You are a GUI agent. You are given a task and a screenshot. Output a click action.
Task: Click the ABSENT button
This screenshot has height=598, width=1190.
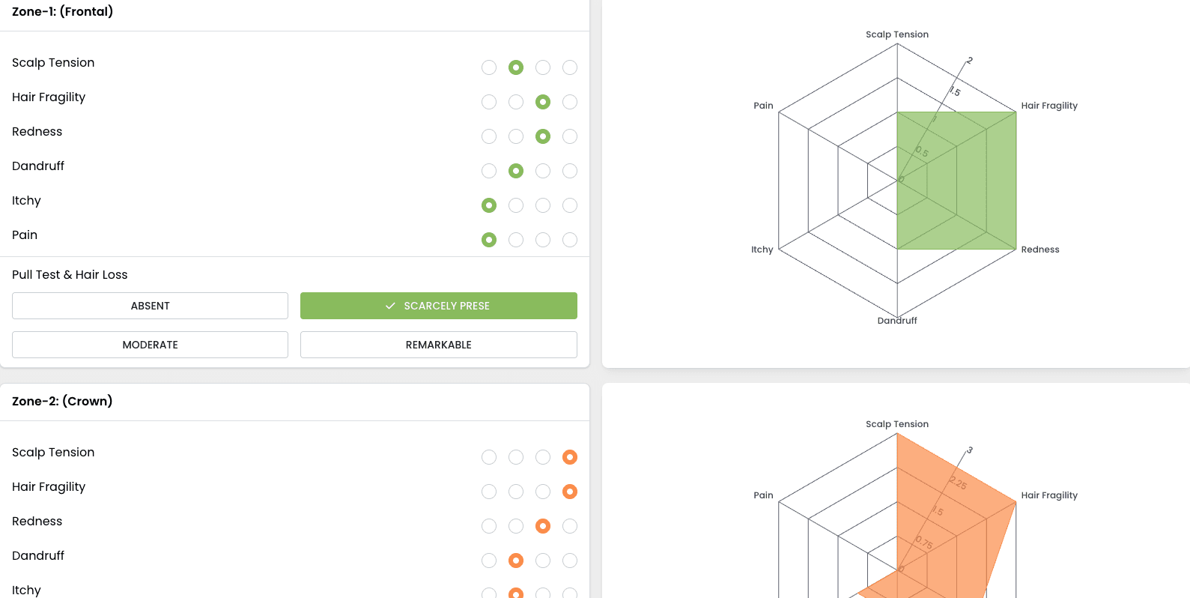(x=150, y=306)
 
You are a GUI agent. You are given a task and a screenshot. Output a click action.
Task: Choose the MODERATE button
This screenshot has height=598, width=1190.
(x=150, y=345)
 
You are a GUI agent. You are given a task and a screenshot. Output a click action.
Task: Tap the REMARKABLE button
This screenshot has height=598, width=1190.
(x=438, y=345)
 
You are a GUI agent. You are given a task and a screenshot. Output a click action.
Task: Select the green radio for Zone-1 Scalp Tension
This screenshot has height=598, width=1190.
(x=516, y=67)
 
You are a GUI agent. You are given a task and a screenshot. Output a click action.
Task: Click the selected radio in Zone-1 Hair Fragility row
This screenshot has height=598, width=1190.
(x=543, y=102)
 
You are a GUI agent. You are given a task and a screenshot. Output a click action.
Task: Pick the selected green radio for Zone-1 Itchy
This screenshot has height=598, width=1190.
(x=489, y=205)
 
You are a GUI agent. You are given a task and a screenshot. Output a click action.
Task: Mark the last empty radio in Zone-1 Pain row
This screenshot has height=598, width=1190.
(x=570, y=240)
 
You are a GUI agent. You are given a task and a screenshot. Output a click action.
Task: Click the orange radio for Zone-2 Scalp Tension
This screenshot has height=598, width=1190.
(x=570, y=457)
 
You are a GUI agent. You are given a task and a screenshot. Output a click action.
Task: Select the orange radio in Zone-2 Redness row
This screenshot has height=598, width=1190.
(x=543, y=526)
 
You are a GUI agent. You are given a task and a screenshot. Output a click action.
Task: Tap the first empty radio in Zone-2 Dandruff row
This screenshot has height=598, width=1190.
(x=489, y=561)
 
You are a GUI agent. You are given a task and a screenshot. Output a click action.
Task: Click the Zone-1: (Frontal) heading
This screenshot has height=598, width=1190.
(x=63, y=12)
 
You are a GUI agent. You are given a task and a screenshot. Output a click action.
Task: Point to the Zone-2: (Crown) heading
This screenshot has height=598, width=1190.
(x=62, y=402)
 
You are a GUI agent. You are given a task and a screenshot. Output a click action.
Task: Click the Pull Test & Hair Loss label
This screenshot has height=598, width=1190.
(x=70, y=275)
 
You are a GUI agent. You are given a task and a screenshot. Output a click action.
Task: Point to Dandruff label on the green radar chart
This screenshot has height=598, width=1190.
(x=896, y=321)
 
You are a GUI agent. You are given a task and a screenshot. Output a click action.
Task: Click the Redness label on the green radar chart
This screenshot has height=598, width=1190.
(x=1039, y=250)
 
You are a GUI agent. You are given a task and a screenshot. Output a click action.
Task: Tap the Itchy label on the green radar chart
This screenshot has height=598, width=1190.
(x=762, y=250)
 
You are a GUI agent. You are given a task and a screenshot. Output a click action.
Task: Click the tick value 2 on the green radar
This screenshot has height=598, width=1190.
(x=970, y=61)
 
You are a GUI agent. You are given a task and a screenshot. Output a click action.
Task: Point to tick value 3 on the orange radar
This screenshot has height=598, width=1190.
(x=970, y=450)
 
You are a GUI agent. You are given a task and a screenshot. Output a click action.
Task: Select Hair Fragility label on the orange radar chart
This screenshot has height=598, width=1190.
(x=1049, y=495)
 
